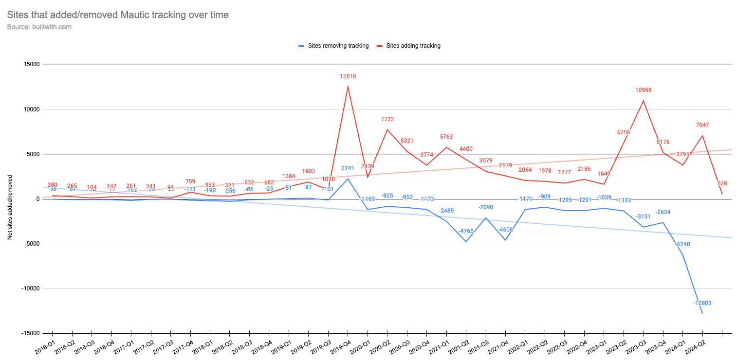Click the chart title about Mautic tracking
tap(118, 15)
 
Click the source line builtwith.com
tap(39, 27)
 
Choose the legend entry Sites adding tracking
tap(413, 46)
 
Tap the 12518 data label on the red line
tap(348, 76)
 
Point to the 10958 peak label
tap(644, 90)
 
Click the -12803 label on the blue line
tap(702, 303)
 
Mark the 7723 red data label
tap(387, 119)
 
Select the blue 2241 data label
tap(348, 169)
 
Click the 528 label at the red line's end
tap(722, 183)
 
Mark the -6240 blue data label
tap(682, 245)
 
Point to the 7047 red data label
tap(702, 125)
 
